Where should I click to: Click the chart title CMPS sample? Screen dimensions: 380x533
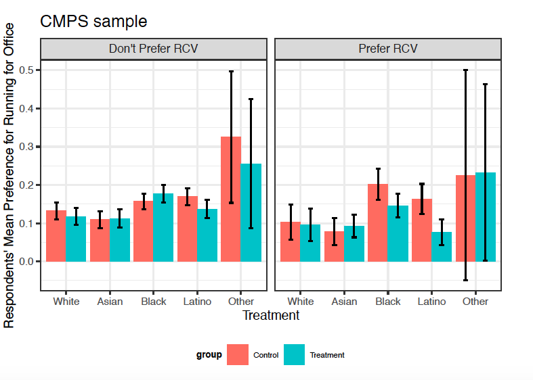tap(93, 21)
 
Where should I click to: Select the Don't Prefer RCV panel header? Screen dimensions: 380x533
tap(154, 49)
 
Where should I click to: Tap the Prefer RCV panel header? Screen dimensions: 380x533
tap(388, 49)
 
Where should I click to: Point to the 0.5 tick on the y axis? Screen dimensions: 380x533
tap(28, 70)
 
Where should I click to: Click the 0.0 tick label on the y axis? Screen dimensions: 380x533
tap(28, 262)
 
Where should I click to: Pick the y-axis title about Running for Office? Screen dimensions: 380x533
tap(9, 176)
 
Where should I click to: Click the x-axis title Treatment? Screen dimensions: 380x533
tap(270, 315)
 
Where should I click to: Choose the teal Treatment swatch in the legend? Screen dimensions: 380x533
tap(295, 355)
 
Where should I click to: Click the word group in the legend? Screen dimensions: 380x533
tap(209, 355)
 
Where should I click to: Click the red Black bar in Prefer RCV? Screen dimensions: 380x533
tap(378, 223)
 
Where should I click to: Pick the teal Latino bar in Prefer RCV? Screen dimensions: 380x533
tap(442, 247)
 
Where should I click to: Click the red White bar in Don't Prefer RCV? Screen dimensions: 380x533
tap(56, 236)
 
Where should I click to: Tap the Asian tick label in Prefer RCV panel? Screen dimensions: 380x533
tap(344, 302)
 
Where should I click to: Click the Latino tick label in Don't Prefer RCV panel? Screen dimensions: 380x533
tap(197, 302)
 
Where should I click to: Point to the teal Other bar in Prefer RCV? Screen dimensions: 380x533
tap(486, 217)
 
